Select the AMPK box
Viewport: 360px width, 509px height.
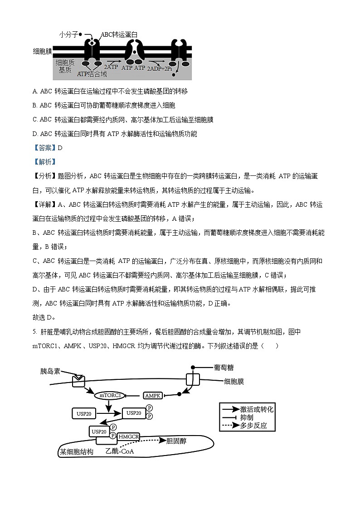pyautogui.click(x=153, y=395)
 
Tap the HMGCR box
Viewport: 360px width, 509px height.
pyautogui.click(x=128, y=437)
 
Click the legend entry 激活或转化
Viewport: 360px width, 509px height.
pyautogui.click(x=257, y=409)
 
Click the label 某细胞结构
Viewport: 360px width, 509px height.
pyautogui.click(x=77, y=451)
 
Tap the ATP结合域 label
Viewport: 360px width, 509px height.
pyautogui.click(x=92, y=73)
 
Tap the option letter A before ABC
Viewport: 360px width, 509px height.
pyautogui.click(x=35, y=92)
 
